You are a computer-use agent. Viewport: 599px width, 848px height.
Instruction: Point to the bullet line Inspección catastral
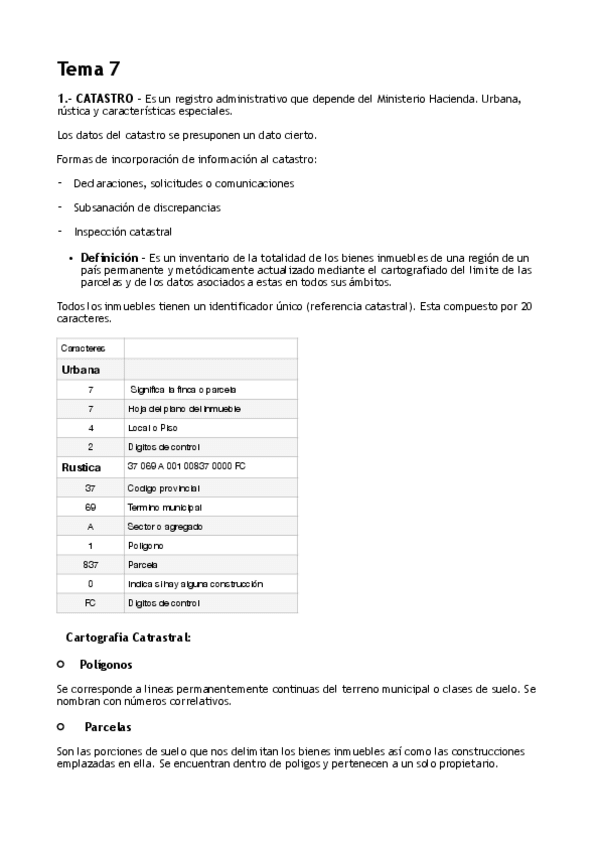coord(116,232)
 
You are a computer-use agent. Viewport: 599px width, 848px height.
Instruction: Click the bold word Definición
coord(109,258)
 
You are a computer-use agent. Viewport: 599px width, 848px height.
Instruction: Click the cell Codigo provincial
coord(164,487)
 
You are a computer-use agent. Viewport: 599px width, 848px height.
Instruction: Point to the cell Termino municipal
coord(165,507)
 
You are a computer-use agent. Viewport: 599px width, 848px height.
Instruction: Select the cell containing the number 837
coord(90,564)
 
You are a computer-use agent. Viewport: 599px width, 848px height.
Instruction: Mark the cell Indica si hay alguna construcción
coord(195,583)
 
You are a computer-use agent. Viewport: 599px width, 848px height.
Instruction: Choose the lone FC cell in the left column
coord(90,603)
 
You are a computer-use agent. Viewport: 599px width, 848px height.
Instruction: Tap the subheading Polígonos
coord(106,664)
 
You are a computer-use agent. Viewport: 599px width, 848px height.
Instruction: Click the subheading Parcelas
coord(108,727)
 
